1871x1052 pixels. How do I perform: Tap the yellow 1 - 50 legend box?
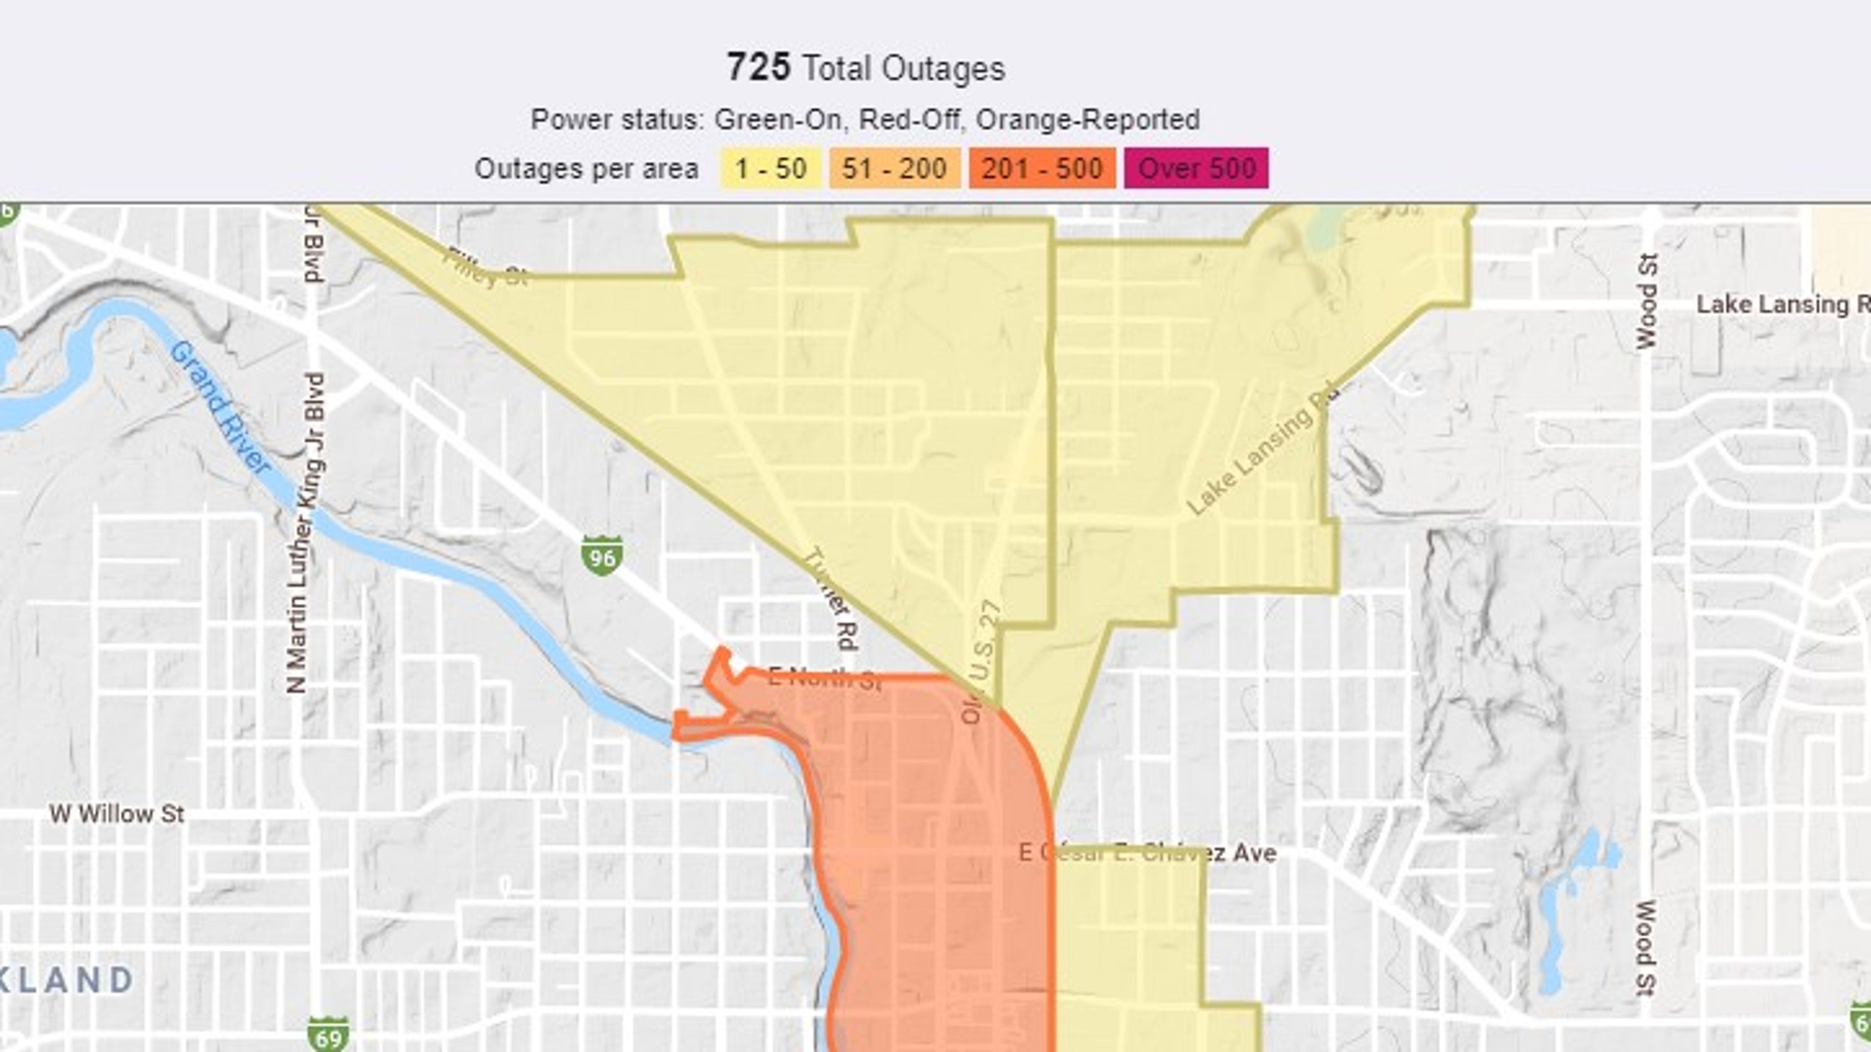click(x=771, y=168)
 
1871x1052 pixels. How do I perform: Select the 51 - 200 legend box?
click(x=894, y=168)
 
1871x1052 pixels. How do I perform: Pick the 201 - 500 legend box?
click(x=1042, y=168)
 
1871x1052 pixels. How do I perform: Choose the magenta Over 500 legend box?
click(x=1196, y=168)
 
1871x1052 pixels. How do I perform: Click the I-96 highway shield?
click(x=602, y=556)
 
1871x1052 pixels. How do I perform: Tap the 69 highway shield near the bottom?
click(x=327, y=1033)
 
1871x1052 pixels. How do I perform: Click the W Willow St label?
click(x=117, y=813)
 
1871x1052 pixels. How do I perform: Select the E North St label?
click(x=824, y=679)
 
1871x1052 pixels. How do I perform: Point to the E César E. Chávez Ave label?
click(x=1147, y=852)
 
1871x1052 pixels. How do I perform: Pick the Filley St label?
click(x=485, y=267)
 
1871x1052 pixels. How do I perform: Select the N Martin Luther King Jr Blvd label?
click(x=305, y=532)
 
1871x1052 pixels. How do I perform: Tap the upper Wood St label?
click(x=1648, y=301)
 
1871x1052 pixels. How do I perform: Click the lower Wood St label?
click(x=1646, y=948)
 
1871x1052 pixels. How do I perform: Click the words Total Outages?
click(x=903, y=69)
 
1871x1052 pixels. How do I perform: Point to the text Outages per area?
click(x=586, y=168)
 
